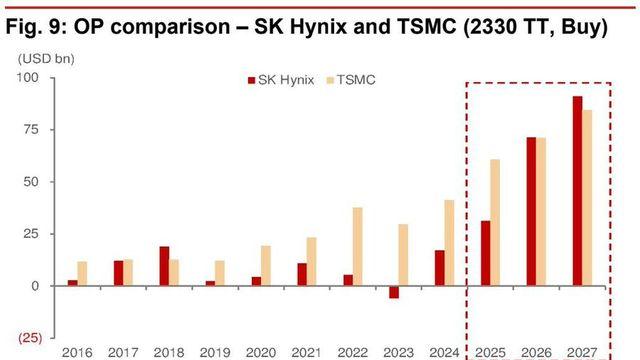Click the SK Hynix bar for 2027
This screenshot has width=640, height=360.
[x=577, y=190]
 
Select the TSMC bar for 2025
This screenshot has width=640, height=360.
[x=496, y=222]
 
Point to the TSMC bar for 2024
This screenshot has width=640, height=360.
[x=449, y=243]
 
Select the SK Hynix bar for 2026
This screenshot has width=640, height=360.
[x=532, y=211]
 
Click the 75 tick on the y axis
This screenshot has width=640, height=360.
[x=32, y=130]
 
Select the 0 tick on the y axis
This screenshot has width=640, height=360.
[x=36, y=286]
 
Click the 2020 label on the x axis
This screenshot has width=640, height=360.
[x=261, y=352]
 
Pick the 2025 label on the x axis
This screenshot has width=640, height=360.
[x=490, y=352]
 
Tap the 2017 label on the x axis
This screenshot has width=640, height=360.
[x=123, y=352]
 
